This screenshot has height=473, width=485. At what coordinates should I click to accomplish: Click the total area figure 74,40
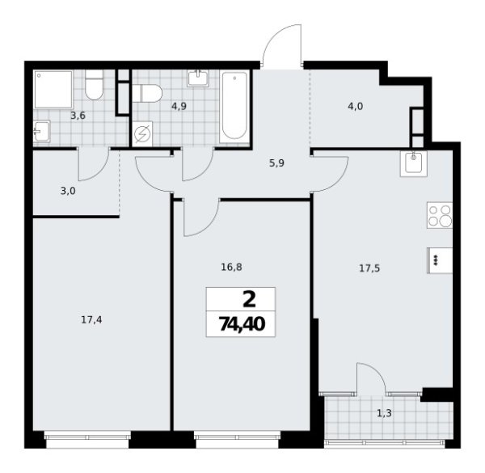(x=241, y=325)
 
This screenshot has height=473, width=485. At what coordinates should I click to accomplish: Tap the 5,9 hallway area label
(x=277, y=161)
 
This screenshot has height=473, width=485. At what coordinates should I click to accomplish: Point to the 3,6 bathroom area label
(x=78, y=116)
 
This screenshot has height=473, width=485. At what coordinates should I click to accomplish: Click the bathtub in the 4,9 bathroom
(x=235, y=105)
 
